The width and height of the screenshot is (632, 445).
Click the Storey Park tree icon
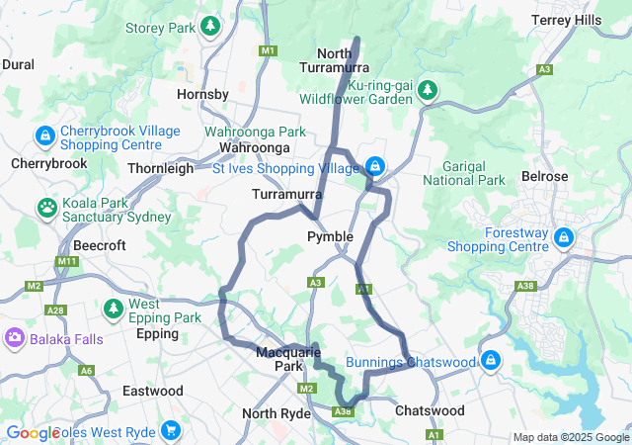click(209, 27)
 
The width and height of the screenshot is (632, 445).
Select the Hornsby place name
click(201, 95)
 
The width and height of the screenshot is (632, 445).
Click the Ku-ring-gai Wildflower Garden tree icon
click(428, 90)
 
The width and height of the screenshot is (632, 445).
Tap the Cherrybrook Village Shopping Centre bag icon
click(44, 134)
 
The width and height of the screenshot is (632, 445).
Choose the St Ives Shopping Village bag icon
click(375, 165)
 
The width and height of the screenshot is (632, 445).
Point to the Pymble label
click(330, 236)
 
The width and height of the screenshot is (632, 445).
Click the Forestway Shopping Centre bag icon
click(563, 237)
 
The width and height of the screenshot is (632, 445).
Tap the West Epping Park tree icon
click(114, 309)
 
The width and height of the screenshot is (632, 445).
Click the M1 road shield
click(268, 50)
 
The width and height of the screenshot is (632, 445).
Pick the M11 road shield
click(66, 261)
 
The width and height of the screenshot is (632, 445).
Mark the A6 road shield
click(86, 371)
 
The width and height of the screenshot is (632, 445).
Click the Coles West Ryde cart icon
click(171, 430)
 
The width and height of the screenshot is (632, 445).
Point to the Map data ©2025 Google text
click(570, 437)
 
